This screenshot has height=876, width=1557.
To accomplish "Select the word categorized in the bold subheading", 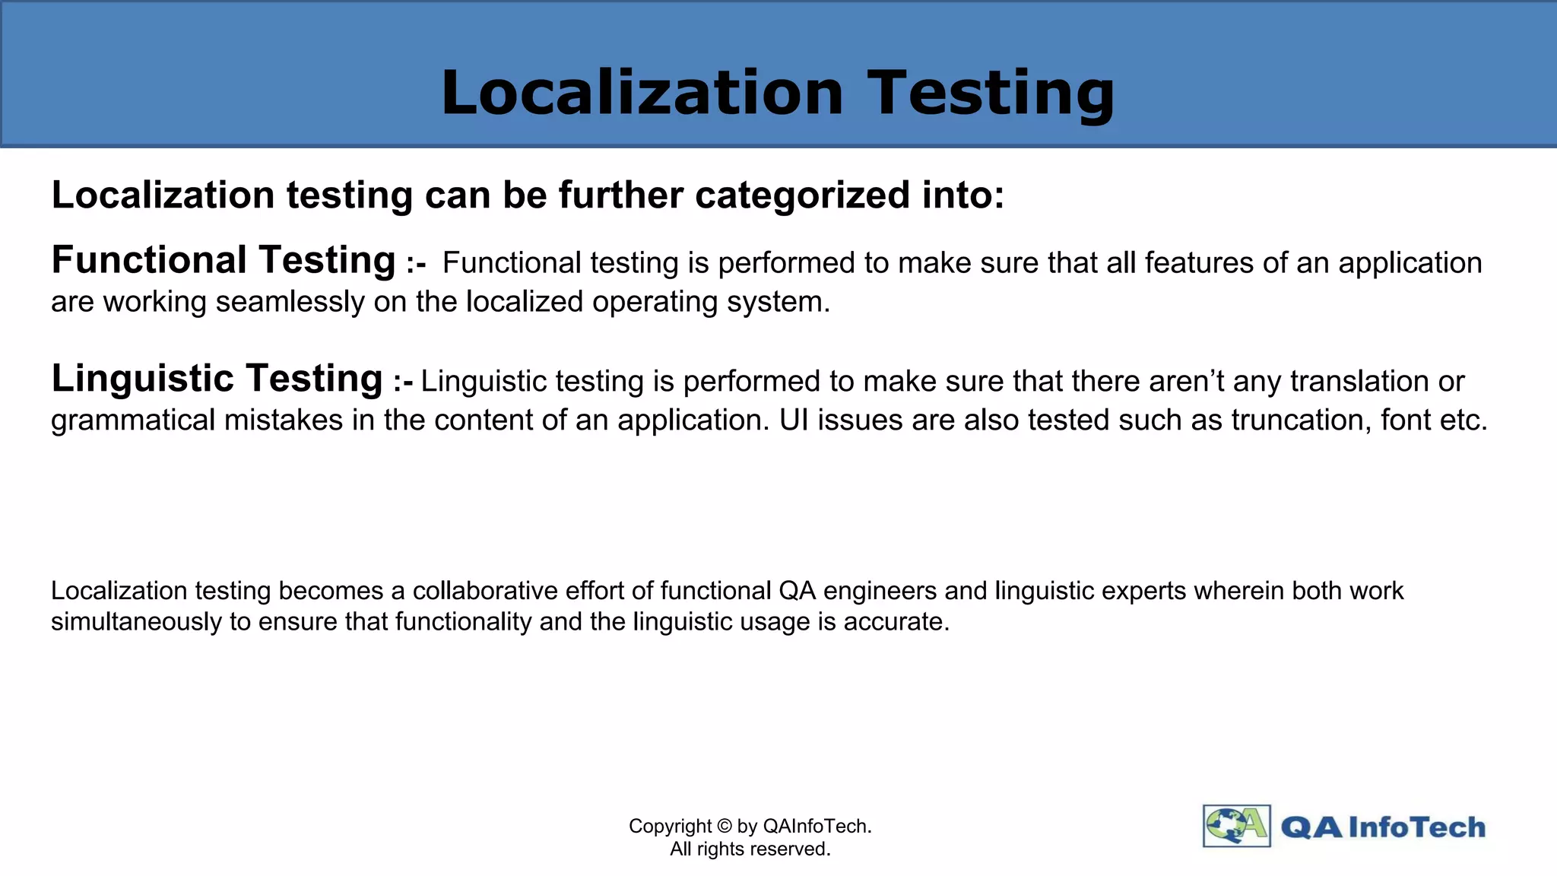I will pyautogui.click(x=802, y=195).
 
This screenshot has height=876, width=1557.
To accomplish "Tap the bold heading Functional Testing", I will pyautogui.click(x=224, y=260).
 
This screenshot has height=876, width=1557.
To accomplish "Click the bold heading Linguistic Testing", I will pyautogui.click(x=217, y=379).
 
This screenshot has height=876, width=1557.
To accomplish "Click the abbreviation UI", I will pyautogui.click(x=794, y=421).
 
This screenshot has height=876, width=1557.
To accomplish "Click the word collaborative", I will pyautogui.click(x=486, y=591).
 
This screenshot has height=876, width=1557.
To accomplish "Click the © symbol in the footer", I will pyautogui.click(x=724, y=827).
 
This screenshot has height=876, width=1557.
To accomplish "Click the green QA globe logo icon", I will pyautogui.click(x=1236, y=826).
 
